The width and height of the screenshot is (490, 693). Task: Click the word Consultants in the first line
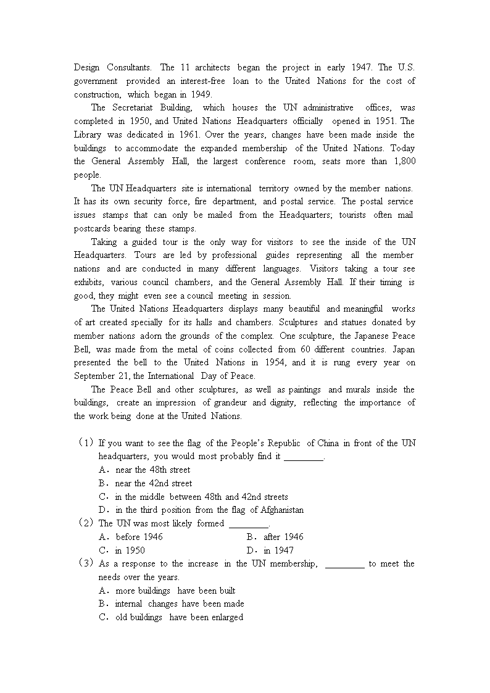pos(129,67)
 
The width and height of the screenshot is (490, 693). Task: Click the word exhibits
pos(88,282)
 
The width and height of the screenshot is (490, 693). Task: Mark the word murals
pos(371,389)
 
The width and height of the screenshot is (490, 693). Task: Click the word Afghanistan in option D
pos(277,510)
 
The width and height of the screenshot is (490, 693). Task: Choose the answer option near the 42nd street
pos(154,483)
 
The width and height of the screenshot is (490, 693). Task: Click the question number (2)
pos(86,523)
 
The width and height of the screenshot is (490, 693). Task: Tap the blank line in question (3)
pos(344,564)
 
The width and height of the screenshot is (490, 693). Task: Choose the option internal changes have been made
pos(180,604)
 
